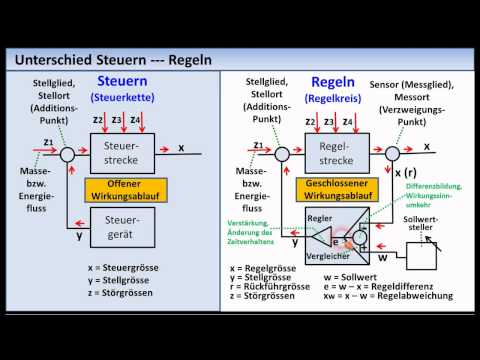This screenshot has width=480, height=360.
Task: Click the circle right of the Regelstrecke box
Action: [x=393, y=153]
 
